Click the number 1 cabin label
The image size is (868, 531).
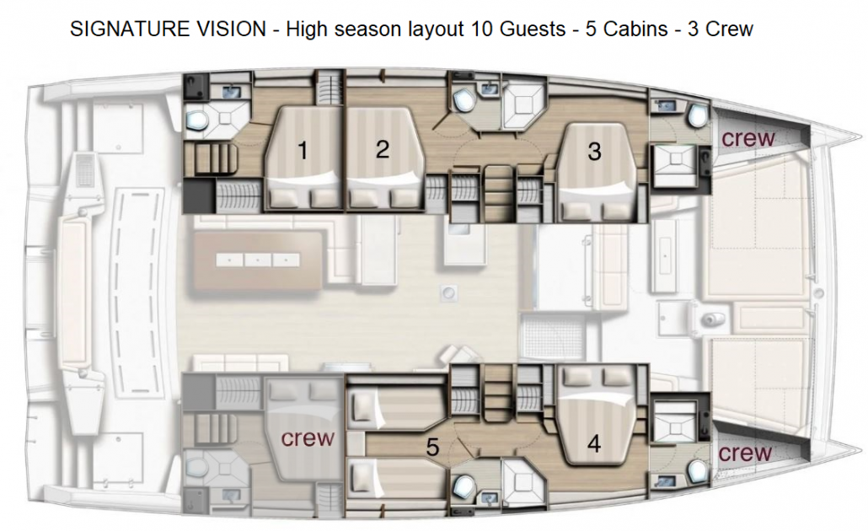[x=303, y=150]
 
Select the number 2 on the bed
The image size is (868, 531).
[x=383, y=149]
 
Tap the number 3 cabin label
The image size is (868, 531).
[x=594, y=151]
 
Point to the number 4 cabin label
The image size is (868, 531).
[x=594, y=443]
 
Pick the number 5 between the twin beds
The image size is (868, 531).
[x=433, y=447]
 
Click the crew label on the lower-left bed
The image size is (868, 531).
[x=308, y=438]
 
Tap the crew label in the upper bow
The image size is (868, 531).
[x=747, y=138]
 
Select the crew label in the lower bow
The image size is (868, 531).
[x=745, y=453]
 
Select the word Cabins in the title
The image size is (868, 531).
[x=635, y=29]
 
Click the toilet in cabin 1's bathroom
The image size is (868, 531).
[x=196, y=117]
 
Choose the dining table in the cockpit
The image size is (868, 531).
[x=257, y=260]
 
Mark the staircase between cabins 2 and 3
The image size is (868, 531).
[x=496, y=194]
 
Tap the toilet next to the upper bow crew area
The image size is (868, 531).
[x=697, y=115]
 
